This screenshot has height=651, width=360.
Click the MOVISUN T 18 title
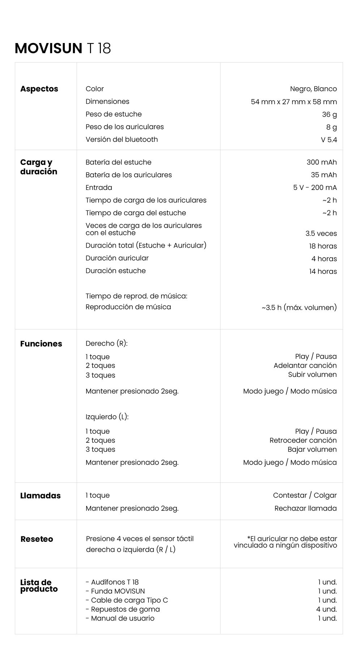coord(63,48)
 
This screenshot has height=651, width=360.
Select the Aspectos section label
coord(39,89)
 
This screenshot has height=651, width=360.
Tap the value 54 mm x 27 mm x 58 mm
coord(293,102)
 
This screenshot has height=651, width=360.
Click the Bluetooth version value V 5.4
coord(329,140)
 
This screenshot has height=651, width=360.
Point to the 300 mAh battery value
coord(321,162)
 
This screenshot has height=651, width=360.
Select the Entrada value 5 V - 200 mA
coord(314,188)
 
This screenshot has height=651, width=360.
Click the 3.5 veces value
coord(321,234)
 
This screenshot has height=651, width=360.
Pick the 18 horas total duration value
coord(322,246)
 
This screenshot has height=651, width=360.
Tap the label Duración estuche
coord(116,271)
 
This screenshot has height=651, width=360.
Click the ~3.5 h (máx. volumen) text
coord(299,308)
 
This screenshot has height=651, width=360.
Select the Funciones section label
coord(41,344)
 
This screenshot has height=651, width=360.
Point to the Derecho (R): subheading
coord(106,344)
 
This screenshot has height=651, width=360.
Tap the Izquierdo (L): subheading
coord(107,417)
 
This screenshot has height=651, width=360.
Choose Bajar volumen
coord(312,450)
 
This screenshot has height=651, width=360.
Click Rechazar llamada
coord(305,509)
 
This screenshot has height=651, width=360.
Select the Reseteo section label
coord(37,539)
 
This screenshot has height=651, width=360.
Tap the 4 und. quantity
coord(326,609)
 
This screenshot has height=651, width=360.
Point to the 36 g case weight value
coord(329,115)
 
